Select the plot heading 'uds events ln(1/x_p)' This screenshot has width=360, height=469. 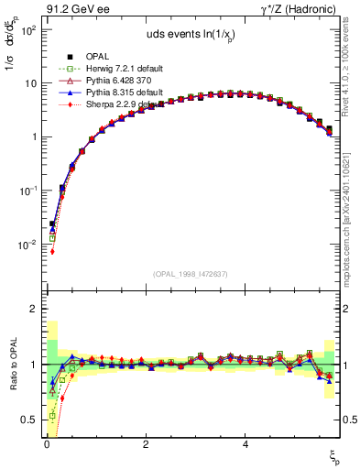tap(191, 36)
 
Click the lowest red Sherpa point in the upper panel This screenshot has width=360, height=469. tap(52, 252)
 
